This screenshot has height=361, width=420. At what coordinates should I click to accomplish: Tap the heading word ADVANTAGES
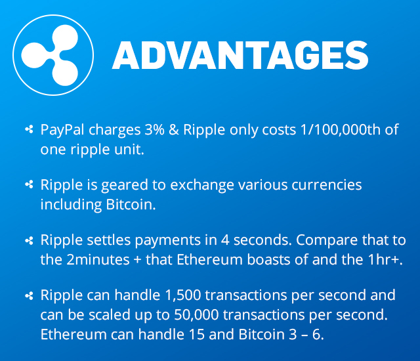240,55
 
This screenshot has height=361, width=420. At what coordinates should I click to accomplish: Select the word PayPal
62,130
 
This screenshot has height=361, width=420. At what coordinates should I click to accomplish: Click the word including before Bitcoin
71,204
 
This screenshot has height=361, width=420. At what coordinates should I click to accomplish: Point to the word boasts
285,259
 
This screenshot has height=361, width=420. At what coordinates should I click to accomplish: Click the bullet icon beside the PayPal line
29,130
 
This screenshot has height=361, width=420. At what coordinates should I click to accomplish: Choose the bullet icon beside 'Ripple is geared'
29,186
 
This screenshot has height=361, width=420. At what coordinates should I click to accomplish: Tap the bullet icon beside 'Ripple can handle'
29,296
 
